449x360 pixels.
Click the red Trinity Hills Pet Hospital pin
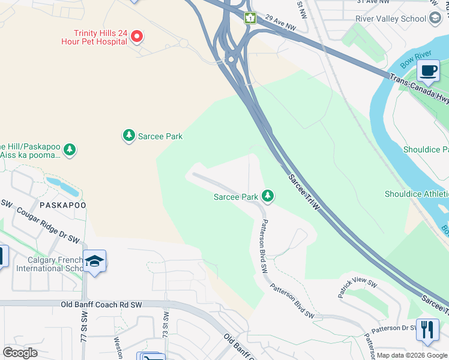pos(136,37)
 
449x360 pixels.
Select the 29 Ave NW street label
pos(280,23)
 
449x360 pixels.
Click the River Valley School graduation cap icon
pos(435,19)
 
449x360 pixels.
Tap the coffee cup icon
pos(428,71)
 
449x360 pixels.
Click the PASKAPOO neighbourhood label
pos(64,205)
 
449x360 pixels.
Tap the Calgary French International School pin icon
pos(95,261)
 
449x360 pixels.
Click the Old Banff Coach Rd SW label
pos(101,305)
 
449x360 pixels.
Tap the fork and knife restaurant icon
pos(427,329)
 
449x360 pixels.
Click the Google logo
pos(20,352)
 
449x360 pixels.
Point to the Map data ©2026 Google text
pos(412,355)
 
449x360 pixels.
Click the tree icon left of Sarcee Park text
pos(128,136)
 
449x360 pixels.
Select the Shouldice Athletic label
pos(416,194)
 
